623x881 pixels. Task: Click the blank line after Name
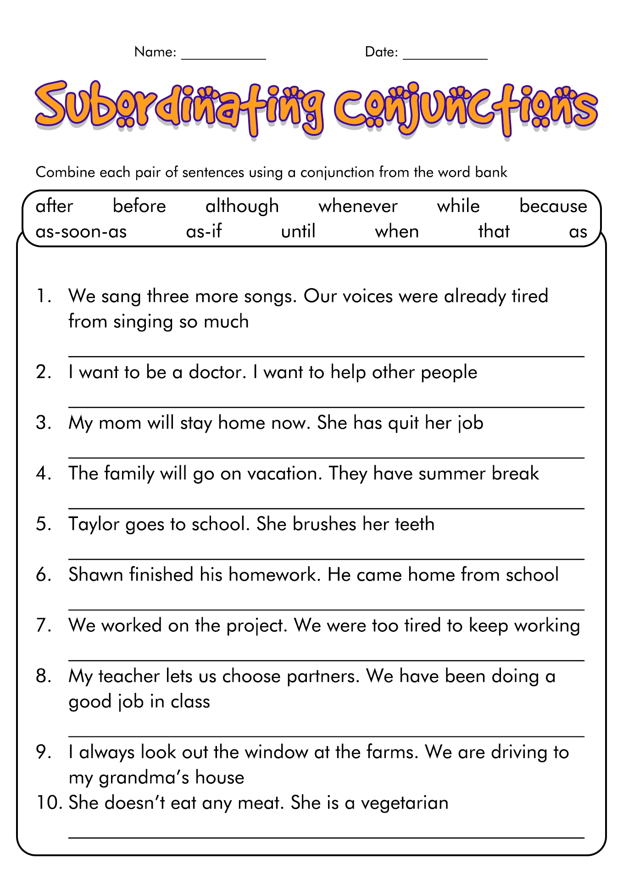[223, 57]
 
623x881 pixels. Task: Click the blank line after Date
[445, 57]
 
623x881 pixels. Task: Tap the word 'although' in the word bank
[242, 206]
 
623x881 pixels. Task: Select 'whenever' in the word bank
[358, 206]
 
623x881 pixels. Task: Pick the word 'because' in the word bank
[553, 206]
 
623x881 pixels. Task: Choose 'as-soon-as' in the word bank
[81, 232]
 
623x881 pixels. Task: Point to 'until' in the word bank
[298, 231]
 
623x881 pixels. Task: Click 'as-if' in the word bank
[204, 232]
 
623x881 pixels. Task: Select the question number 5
[43, 524]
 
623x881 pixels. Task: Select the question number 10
[48, 803]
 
